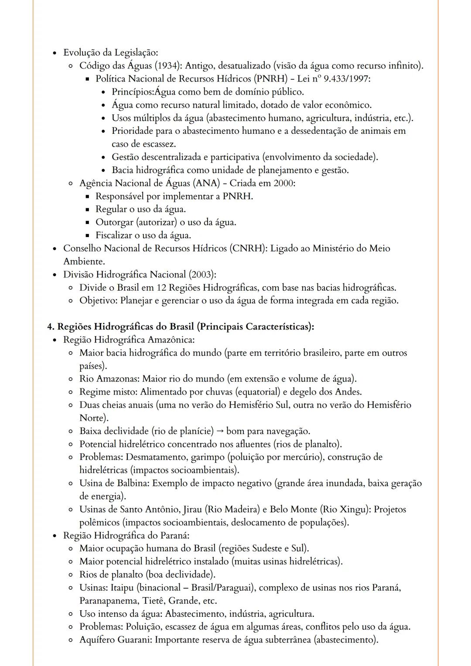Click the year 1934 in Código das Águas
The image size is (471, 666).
tap(170, 66)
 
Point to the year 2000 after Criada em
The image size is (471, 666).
tap(284, 183)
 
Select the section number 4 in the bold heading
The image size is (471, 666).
tap(50, 327)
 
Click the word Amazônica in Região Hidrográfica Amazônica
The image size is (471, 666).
tap(171, 340)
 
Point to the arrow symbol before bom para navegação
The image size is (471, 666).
tap(219, 432)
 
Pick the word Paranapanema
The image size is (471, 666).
tap(108, 601)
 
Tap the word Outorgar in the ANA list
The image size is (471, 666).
tap(114, 222)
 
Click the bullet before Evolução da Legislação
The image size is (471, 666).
tap(54, 53)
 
